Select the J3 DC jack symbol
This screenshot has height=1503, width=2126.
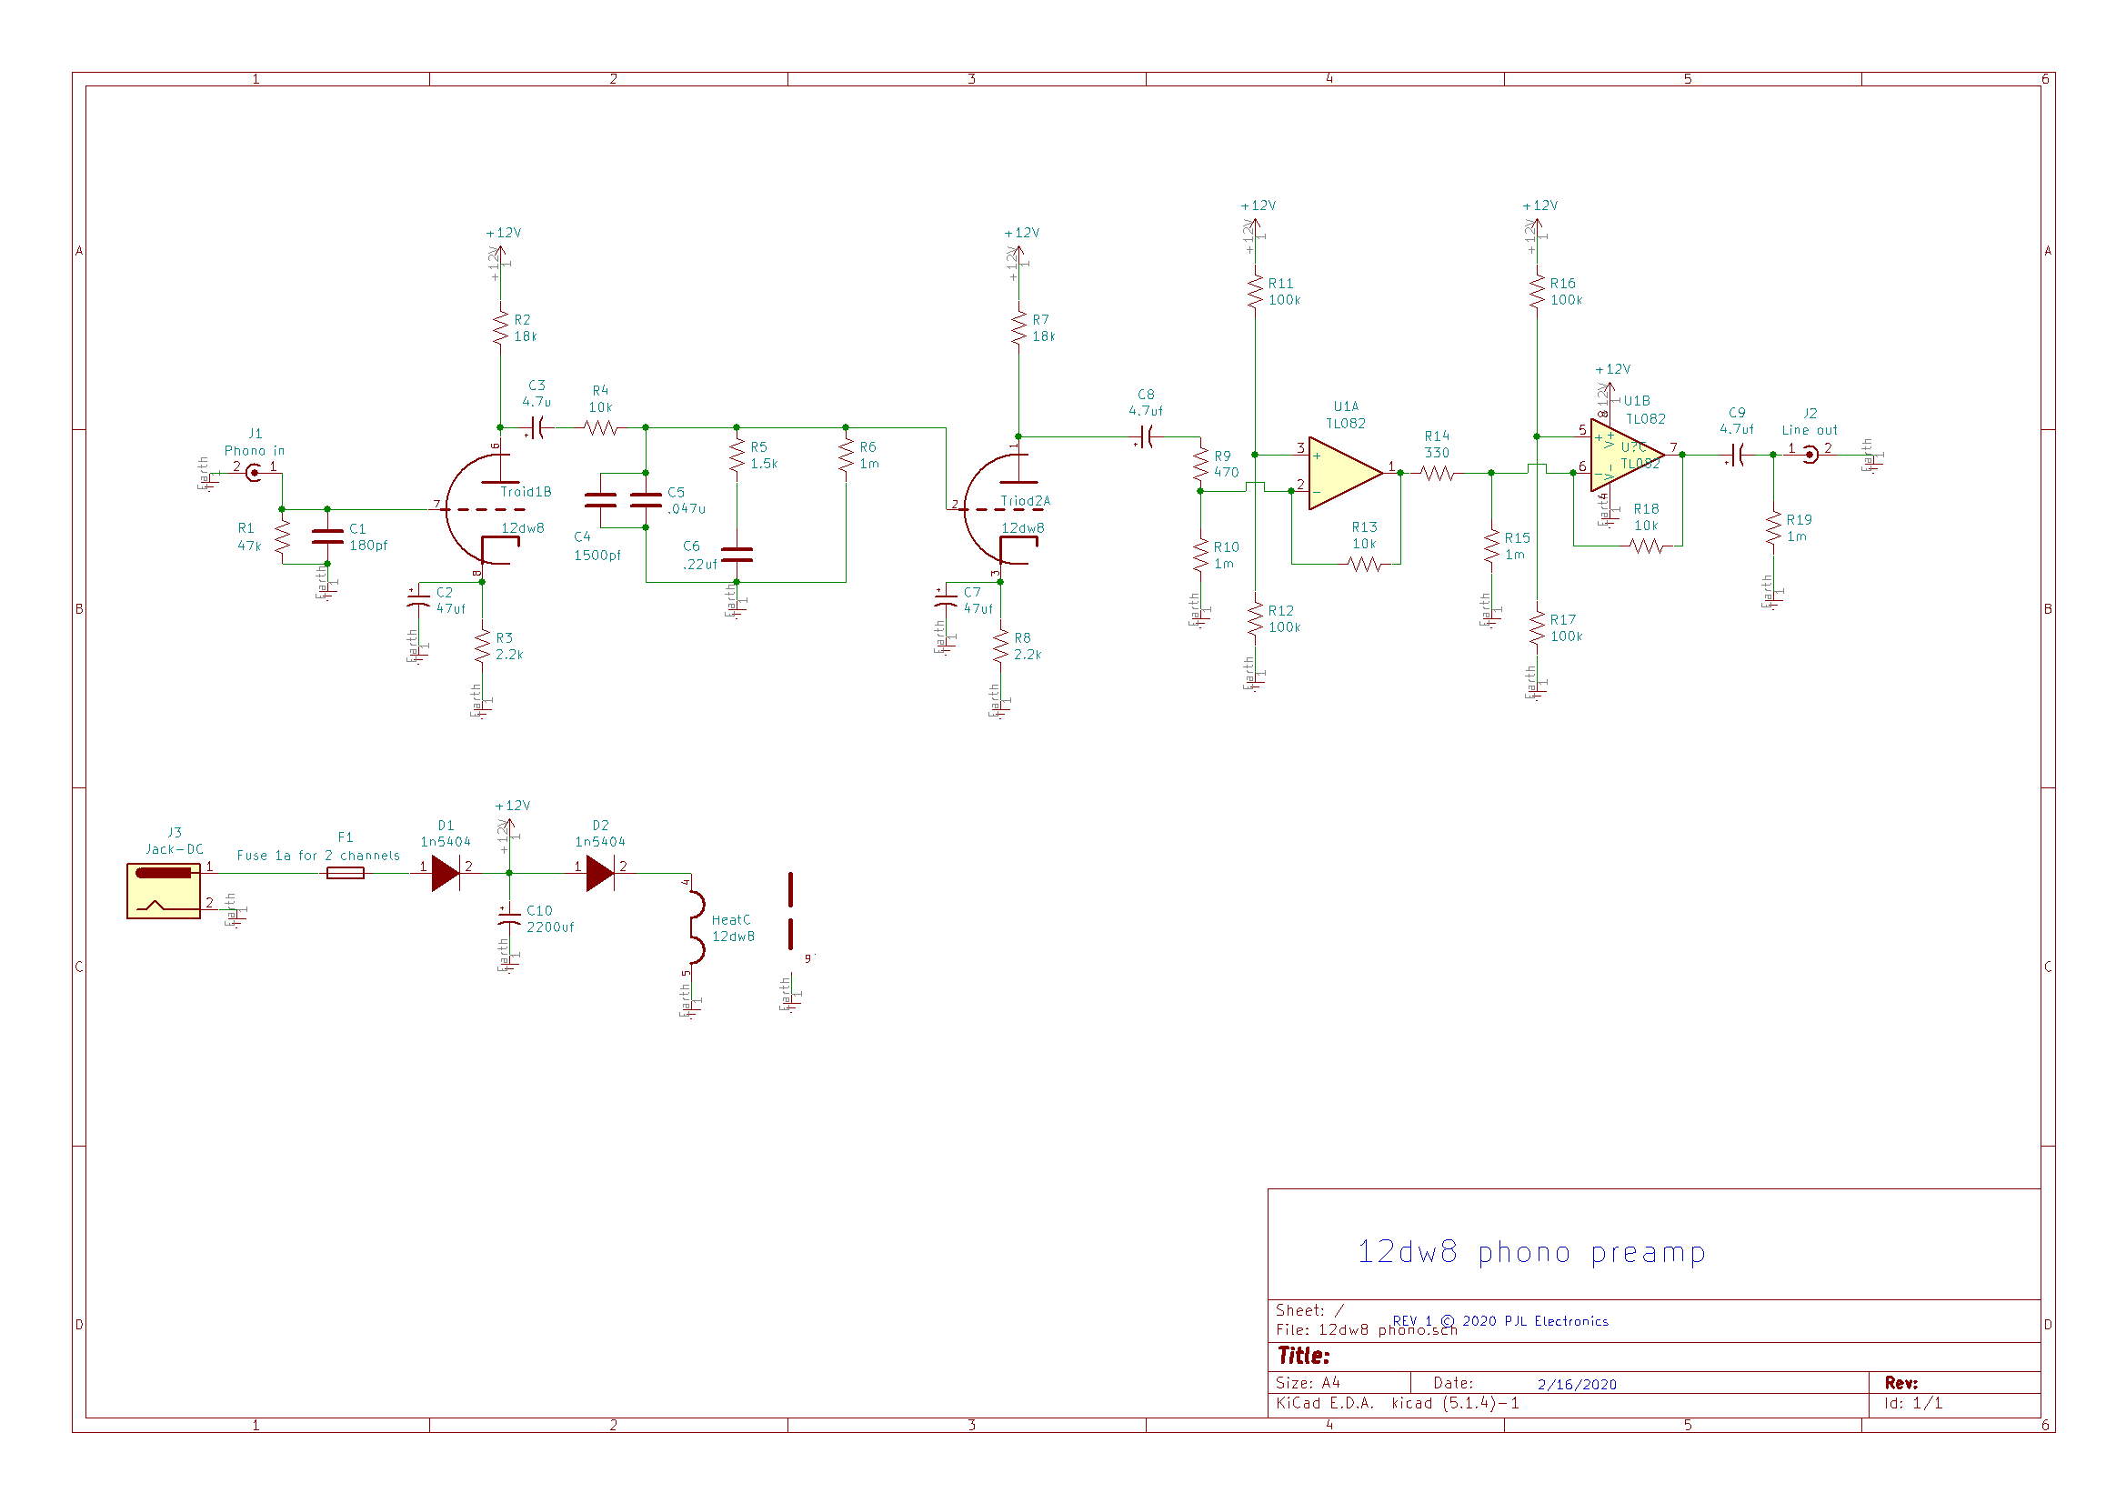tap(163, 890)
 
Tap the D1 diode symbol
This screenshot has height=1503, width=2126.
tap(446, 872)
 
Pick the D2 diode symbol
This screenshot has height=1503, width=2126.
tap(600, 872)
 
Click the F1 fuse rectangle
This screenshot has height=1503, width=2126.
tap(346, 872)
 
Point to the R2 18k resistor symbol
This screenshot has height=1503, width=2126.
tap(500, 328)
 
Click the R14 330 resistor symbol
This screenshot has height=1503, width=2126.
tap(1437, 473)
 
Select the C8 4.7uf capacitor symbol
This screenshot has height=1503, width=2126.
tap(1147, 436)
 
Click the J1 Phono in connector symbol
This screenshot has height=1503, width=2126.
tap(253, 472)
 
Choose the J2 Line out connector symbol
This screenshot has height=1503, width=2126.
tap(1810, 455)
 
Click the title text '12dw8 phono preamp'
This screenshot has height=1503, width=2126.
tap(1530, 1252)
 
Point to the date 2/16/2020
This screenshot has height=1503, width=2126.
tap(1577, 1385)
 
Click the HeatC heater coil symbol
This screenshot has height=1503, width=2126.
tap(695, 927)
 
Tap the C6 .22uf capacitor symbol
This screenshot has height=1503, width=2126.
tap(737, 555)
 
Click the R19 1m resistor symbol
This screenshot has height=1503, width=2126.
tap(1773, 528)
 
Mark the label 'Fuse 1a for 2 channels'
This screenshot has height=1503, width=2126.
tap(317, 856)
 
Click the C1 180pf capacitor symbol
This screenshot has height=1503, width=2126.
tap(327, 536)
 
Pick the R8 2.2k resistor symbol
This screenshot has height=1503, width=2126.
tap(1000, 646)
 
